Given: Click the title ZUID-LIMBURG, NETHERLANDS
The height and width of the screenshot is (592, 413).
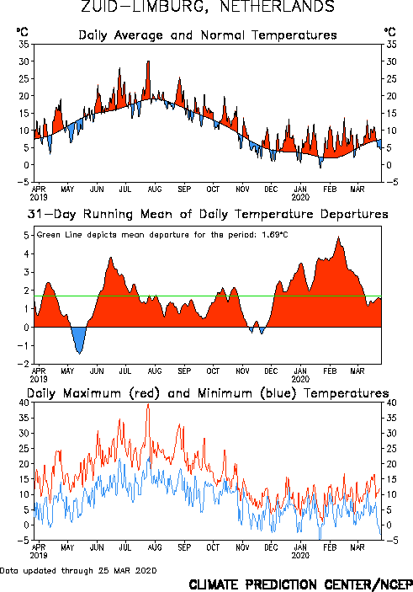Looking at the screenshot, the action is tap(208, 7).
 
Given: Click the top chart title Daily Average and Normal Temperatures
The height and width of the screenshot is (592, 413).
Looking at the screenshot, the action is tap(208, 35).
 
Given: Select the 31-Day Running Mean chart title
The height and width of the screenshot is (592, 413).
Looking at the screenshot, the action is tap(208, 214).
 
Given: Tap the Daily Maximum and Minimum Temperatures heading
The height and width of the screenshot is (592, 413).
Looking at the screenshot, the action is tap(208, 393).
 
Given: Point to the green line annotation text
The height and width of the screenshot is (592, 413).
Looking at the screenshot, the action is tap(162, 235).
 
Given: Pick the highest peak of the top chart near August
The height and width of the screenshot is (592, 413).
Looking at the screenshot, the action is tap(148, 61).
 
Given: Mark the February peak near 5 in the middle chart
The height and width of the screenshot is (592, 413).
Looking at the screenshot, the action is tap(339, 237).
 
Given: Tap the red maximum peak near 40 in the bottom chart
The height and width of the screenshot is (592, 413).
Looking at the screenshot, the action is tap(148, 404).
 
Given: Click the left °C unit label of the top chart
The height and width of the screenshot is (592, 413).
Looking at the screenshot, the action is tap(23, 32).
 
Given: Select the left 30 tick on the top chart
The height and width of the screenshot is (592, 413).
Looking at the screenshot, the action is tap(24, 61).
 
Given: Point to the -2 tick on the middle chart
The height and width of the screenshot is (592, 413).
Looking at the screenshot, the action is tap(23, 364).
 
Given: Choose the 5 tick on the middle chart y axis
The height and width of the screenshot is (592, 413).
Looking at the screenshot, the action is tap(26, 235).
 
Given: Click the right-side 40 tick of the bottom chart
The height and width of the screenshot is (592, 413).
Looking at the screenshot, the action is tap(391, 403).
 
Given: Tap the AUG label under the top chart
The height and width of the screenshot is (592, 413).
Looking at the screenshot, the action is tap(155, 189).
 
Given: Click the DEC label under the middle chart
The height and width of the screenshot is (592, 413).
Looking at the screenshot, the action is tap(271, 371).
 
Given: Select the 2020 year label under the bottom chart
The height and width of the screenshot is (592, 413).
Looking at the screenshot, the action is tap(300, 556).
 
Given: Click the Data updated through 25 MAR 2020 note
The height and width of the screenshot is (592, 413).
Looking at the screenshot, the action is tap(78, 570).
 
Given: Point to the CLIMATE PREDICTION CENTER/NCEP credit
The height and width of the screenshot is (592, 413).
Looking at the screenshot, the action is tap(300, 584).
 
